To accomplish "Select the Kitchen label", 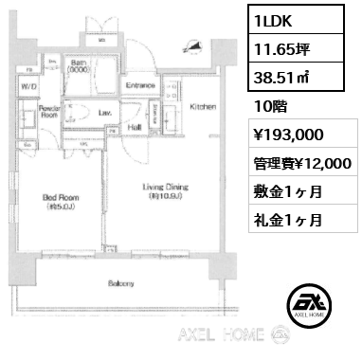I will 203,107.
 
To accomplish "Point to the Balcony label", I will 120,283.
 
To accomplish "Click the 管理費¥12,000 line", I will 302,164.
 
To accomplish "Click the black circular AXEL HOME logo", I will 312,302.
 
